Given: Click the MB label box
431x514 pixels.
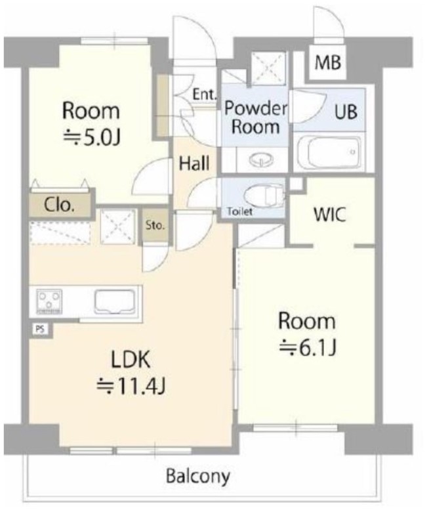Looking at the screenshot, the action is (x=328, y=62).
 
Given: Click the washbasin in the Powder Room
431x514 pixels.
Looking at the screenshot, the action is (x=261, y=160).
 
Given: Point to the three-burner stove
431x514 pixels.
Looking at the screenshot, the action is (x=49, y=301).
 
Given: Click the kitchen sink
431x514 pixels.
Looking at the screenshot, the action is (x=115, y=301).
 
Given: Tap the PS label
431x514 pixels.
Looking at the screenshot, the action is (x=40, y=329).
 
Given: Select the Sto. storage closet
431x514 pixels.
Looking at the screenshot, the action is (x=155, y=225).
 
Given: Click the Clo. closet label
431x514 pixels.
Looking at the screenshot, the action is (x=59, y=205).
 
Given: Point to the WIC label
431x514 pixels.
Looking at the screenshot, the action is (x=330, y=215).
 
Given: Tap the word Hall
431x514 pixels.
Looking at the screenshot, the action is (x=194, y=163).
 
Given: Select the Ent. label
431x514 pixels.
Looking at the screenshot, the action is (x=205, y=95).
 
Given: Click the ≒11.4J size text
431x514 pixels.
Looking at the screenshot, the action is (x=131, y=387).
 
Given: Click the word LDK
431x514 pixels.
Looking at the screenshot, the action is (x=131, y=359).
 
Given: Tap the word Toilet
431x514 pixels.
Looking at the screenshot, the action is (x=239, y=212).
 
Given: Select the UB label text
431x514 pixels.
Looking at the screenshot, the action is (x=346, y=112).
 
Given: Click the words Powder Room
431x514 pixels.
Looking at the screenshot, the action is (x=255, y=118).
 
